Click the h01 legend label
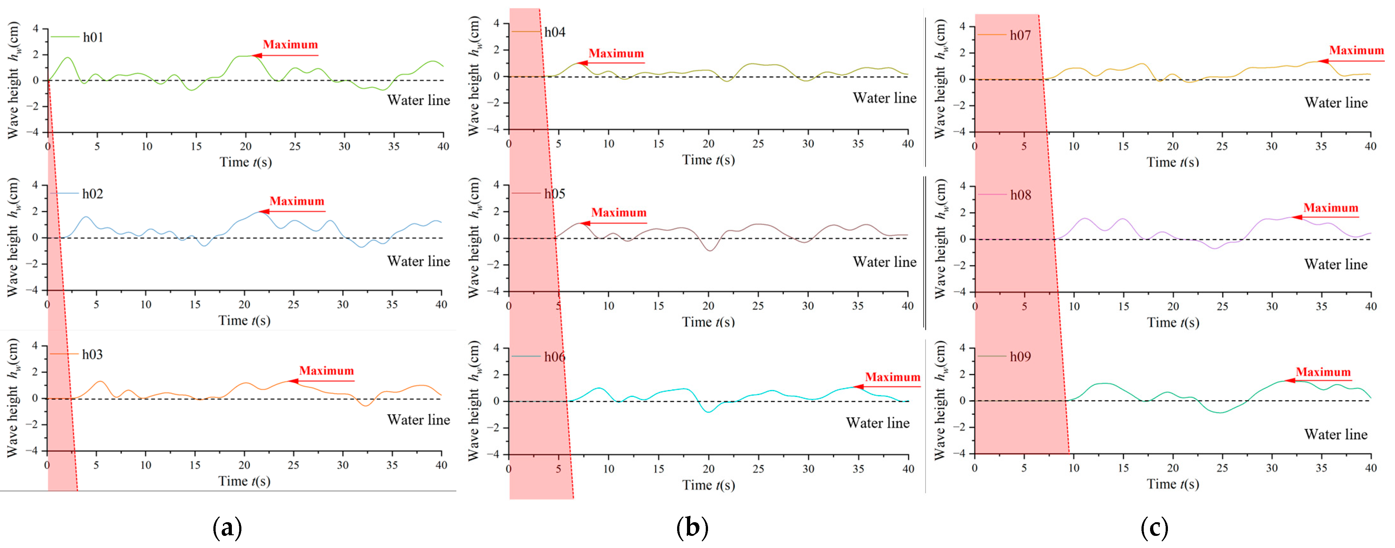coord(93,37)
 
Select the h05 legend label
coord(554,194)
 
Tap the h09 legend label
coord(1020,357)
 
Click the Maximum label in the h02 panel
coord(297,201)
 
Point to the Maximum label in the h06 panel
coord(892,378)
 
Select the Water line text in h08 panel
coord(1336,265)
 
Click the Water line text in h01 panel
coord(418,101)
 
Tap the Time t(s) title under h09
coord(1173,484)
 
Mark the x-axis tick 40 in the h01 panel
coord(443,146)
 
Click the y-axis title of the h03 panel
coord(13,398)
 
